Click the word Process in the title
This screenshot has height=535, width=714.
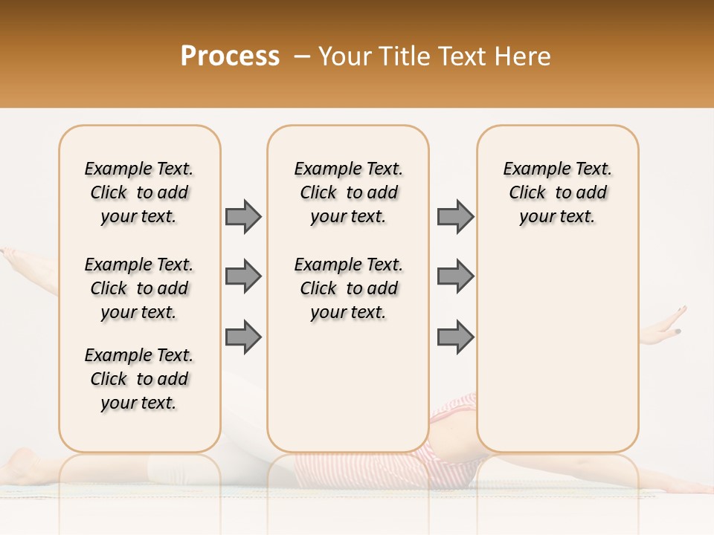(230, 56)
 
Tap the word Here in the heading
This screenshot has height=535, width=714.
(524, 56)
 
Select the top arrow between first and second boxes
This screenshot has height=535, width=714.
(243, 216)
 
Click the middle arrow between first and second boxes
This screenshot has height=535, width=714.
(243, 276)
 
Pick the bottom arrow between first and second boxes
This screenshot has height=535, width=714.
(243, 337)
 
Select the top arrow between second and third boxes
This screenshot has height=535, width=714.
(455, 216)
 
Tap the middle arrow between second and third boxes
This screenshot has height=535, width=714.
(455, 276)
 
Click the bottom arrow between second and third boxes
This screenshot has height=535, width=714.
(455, 337)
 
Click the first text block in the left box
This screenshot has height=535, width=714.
(139, 192)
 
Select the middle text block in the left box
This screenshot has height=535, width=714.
(139, 288)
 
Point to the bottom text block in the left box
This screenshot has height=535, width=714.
(139, 379)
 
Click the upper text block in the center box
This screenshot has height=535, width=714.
(348, 192)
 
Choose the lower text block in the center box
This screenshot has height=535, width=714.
(348, 288)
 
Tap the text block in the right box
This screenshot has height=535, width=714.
(557, 192)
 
